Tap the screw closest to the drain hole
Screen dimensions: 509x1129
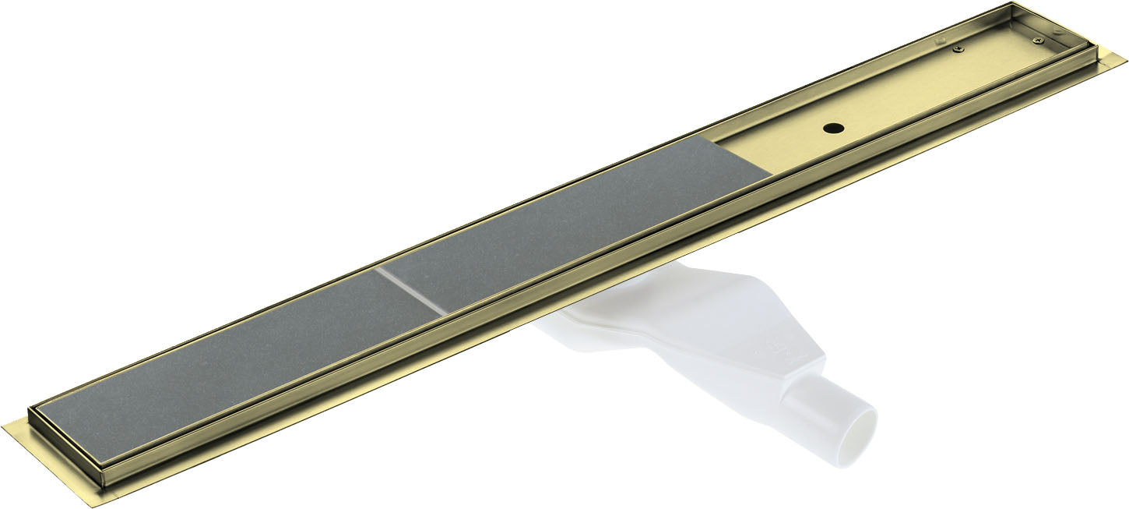point(958,48)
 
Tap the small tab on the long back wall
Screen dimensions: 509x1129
point(940,41)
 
